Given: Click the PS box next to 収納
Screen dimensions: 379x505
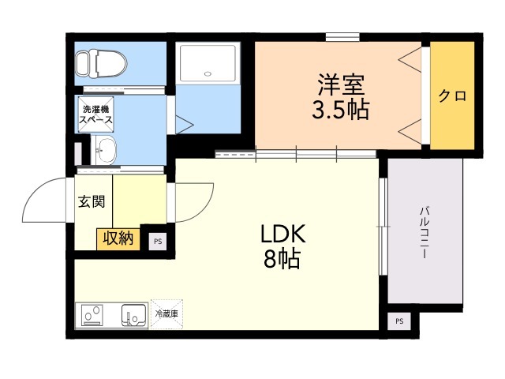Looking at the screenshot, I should click(158, 242).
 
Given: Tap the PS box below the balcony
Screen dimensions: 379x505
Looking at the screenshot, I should click(398, 321).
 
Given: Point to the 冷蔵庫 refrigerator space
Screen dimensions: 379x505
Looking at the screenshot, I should click(166, 313).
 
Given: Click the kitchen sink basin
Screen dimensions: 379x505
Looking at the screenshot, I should click(133, 315).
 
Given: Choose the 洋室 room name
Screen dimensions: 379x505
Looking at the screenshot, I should click(342, 84).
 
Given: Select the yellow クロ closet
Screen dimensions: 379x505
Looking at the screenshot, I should click(452, 96).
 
